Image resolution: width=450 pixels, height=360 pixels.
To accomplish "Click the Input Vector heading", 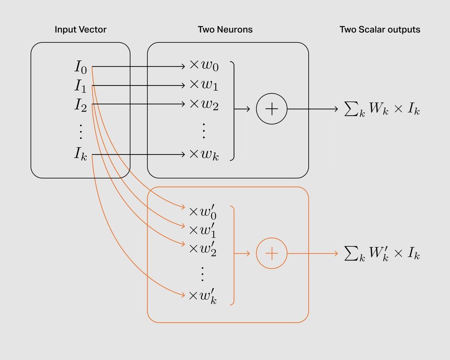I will point(80,30).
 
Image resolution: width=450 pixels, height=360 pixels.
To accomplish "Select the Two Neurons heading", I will point(225,30).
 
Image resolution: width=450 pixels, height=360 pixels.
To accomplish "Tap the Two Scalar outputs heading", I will point(380,30).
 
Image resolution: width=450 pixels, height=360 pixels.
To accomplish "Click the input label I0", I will point(81,67).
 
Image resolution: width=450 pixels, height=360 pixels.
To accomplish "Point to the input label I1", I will point(81,86).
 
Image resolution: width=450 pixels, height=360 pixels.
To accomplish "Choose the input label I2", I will point(81,105).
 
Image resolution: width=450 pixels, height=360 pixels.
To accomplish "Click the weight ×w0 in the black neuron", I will point(204,66).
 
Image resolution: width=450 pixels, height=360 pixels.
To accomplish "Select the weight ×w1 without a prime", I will point(204,85).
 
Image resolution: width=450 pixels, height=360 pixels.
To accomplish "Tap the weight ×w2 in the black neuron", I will point(204,104).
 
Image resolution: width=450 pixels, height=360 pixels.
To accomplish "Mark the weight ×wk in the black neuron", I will point(204,154).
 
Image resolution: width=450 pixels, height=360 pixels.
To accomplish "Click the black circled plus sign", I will point(272,109).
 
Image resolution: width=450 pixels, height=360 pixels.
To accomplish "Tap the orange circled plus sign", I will point(272,253).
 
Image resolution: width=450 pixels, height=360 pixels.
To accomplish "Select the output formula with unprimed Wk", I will point(382,110).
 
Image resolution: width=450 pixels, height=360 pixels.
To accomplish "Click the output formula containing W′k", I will point(382,254).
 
